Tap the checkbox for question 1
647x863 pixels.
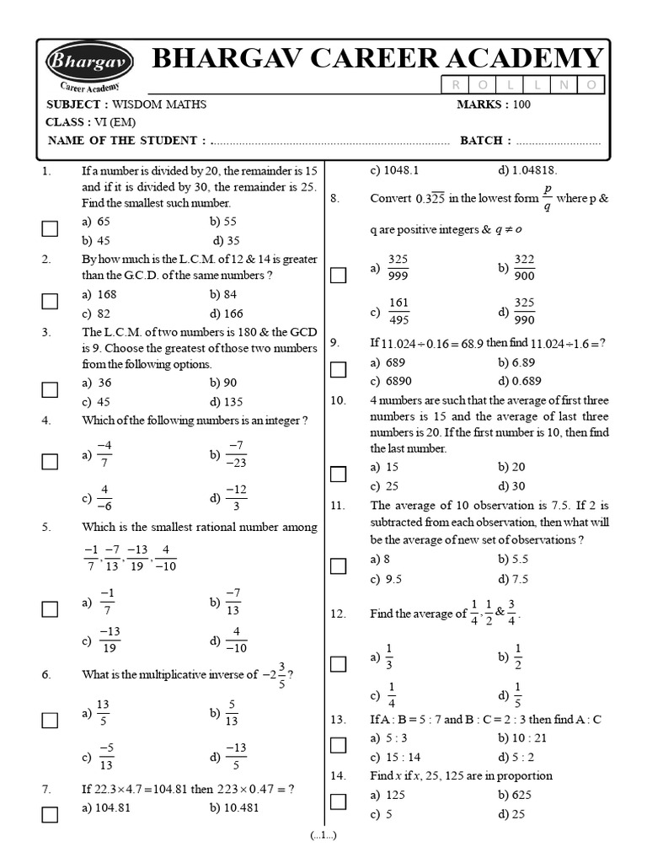pyautogui.click(x=50, y=228)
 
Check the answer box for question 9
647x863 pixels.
pyautogui.click(x=338, y=370)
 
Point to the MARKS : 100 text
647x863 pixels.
pyautogui.click(x=494, y=105)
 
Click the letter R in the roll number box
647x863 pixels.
pyautogui.click(x=457, y=84)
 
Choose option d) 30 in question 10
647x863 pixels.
pyautogui.click(x=511, y=485)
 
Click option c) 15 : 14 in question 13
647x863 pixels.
pyautogui.click(x=395, y=756)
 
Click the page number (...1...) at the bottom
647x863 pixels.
pyautogui.click(x=323, y=835)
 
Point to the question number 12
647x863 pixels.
pyautogui.click(x=339, y=614)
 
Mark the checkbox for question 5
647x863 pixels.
pyautogui.click(x=50, y=608)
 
